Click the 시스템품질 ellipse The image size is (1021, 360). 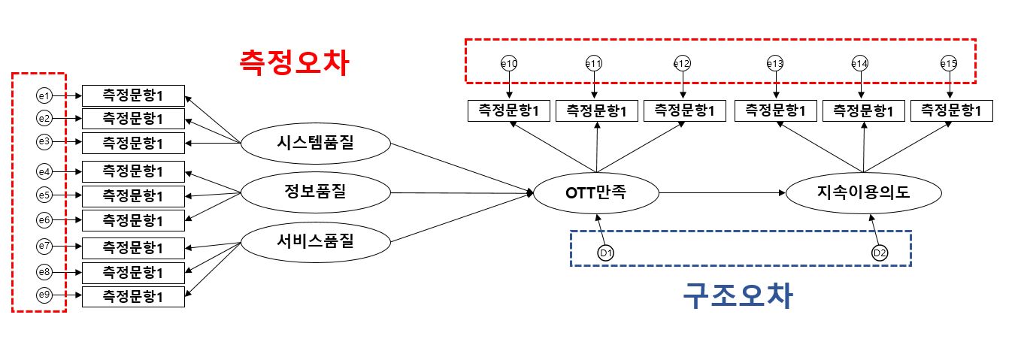315,144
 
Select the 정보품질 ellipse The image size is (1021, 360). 315,193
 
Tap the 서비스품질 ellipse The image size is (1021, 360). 315,242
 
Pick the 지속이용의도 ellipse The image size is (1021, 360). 863,193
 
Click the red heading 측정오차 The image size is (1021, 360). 293,62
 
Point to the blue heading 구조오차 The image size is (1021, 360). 738,296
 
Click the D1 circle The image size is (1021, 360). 606,253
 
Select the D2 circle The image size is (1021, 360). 880,253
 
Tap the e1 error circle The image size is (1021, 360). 44,95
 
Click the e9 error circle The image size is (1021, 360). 44,296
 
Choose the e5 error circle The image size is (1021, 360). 44,195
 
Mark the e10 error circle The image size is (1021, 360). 509,65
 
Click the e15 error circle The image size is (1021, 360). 949,65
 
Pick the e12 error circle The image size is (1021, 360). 681,65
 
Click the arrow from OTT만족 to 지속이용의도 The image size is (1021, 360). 722,193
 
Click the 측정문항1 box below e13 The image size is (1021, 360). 775,110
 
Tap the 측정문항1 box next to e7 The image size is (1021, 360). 133,247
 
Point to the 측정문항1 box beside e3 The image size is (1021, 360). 133,142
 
